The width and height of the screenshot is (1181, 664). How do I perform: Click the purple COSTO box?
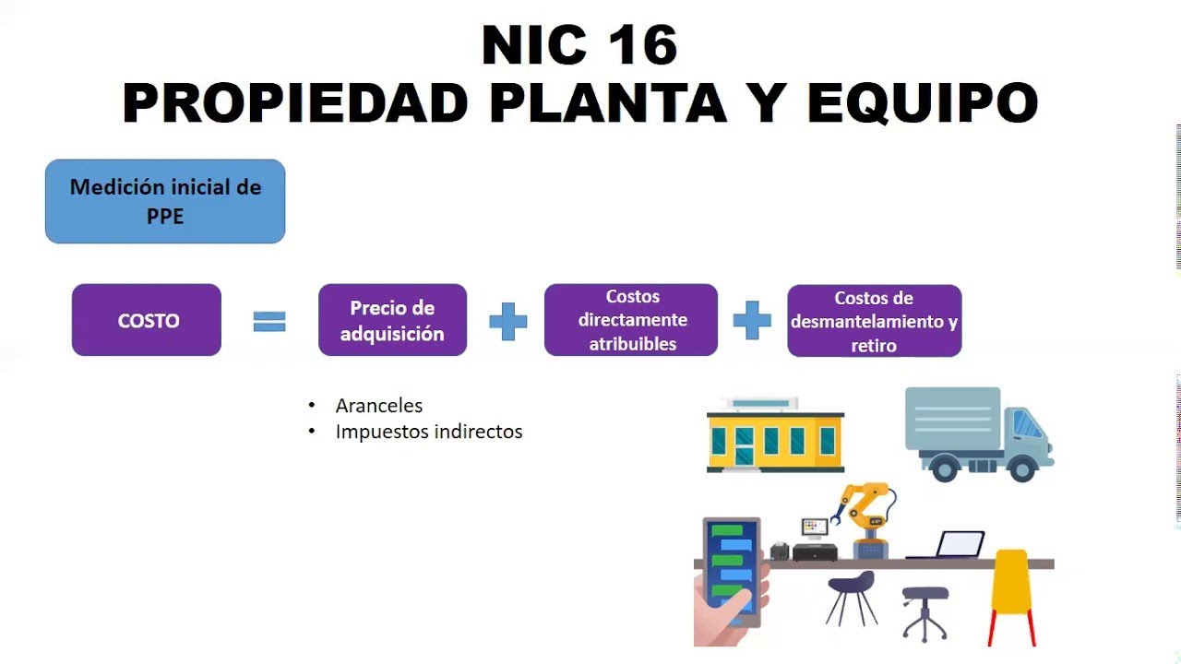click(147, 320)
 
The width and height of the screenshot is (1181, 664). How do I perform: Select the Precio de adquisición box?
click(392, 320)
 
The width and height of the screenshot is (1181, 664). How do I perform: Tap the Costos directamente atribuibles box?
click(631, 320)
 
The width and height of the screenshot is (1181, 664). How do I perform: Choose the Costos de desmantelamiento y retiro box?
click(874, 321)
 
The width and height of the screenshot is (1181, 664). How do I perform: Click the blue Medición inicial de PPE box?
click(165, 201)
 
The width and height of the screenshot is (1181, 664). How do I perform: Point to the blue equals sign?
click(269, 321)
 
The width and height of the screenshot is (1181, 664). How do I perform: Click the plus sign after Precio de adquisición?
click(507, 321)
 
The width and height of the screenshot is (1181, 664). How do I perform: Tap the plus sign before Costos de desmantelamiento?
click(752, 321)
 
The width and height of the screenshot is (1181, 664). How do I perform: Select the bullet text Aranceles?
click(378, 406)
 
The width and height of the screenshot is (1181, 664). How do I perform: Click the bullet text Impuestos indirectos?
click(428, 432)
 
